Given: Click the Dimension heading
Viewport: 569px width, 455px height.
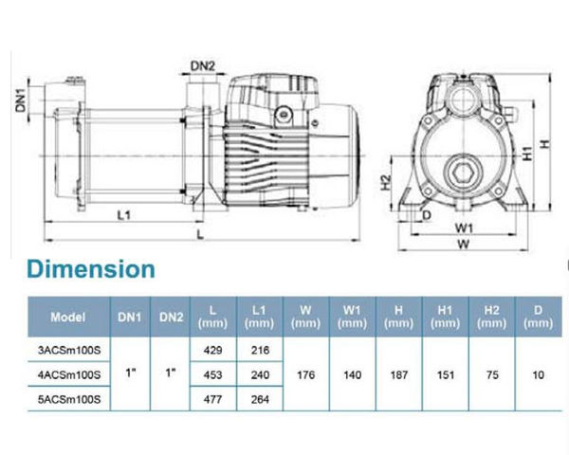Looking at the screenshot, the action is (x=91, y=269).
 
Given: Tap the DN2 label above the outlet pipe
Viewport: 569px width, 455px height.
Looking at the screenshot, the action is (x=203, y=66).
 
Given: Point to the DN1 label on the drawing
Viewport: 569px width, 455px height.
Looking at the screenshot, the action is (x=21, y=100).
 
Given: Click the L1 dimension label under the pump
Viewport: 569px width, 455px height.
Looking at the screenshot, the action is (x=123, y=215).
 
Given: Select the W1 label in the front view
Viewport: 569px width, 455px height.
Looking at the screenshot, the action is (x=464, y=228).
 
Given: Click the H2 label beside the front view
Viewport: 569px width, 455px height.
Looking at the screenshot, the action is (x=386, y=183).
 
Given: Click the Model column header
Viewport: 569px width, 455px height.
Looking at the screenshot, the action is (x=68, y=318).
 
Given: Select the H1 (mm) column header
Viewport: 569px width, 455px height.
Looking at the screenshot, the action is (x=446, y=317).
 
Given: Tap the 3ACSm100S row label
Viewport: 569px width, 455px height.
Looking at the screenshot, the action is (x=69, y=350).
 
